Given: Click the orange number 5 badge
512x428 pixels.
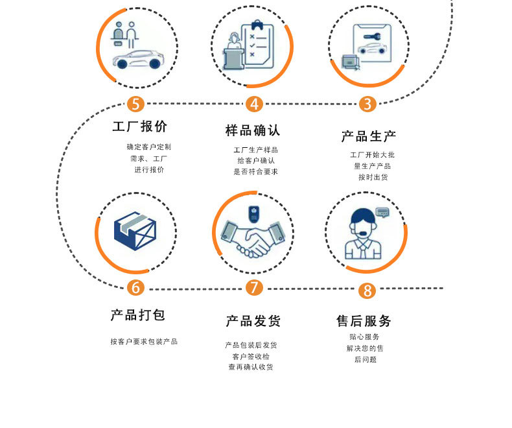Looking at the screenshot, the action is tap(135, 104).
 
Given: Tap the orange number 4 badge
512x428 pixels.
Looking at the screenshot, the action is tap(254, 104).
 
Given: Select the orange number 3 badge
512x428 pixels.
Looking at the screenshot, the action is tap(367, 104).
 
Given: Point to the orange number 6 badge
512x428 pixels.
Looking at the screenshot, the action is tap(135, 287).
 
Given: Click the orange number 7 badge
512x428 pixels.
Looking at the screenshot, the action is tap(254, 287).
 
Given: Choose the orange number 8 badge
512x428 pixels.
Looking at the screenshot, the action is tap(367, 290).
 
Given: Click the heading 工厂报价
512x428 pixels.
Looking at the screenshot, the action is tap(139, 126).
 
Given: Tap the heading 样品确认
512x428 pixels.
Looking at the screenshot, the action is tap(253, 130).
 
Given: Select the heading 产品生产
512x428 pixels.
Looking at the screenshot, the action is tap(368, 136).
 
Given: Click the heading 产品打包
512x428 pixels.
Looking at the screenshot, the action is tap(138, 315).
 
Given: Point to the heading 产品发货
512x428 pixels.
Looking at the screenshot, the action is tap(253, 321).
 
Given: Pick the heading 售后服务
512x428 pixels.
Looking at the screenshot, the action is tap(364, 321).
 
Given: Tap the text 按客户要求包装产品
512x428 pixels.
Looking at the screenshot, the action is tap(144, 342).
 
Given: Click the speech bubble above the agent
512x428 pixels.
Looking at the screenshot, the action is tap(382, 211).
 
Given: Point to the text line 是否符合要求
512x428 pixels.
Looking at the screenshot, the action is tap(255, 172).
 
